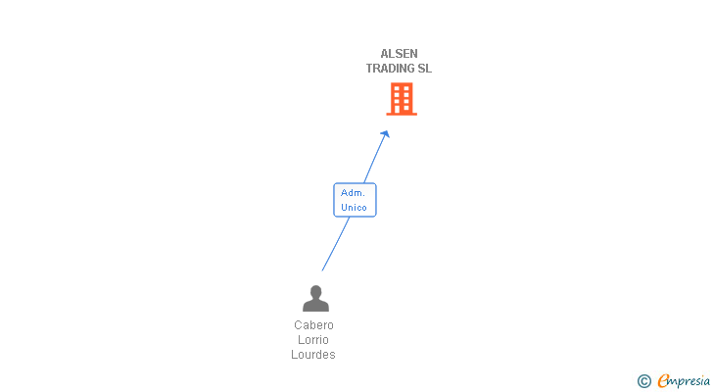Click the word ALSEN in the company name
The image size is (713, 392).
[399, 54]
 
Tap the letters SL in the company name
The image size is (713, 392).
[424, 69]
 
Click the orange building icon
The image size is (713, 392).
[401, 98]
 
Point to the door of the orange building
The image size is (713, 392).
[401, 109]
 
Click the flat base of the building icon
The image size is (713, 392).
[401, 114]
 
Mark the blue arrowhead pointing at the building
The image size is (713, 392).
[386, 134]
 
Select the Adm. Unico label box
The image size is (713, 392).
[354, 200]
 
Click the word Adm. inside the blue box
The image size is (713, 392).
[353, 193]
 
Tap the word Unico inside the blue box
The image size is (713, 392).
[354, 208]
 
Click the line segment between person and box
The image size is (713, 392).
[335, 244]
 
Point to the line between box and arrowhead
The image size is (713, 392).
[374, 160]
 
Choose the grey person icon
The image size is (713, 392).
[315, 298]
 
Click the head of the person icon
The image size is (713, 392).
[315, 291]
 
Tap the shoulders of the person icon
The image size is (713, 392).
[315, 305]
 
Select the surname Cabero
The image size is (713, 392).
[313, 325]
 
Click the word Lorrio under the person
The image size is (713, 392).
[313, 340]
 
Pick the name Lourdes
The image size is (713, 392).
[313, 355]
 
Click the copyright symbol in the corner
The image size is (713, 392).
[643, 381]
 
